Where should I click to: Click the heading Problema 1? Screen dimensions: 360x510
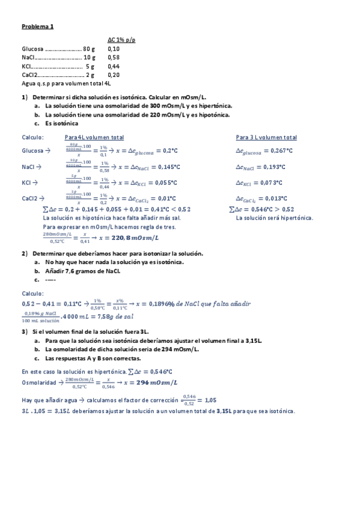coord(38,26)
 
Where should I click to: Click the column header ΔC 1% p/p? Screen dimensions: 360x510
coord(121,40)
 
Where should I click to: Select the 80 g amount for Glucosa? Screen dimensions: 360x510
coord(89,49)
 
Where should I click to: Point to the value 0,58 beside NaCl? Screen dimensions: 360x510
coord(114,58)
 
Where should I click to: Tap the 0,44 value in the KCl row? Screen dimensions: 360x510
coord(114,66)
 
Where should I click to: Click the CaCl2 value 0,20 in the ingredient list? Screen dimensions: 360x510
coord(114,75)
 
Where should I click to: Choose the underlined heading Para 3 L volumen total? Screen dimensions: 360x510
coord(266,137)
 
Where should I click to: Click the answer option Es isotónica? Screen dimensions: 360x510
coord(61,123)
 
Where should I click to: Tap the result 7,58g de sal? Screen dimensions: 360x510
coord(114,316)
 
